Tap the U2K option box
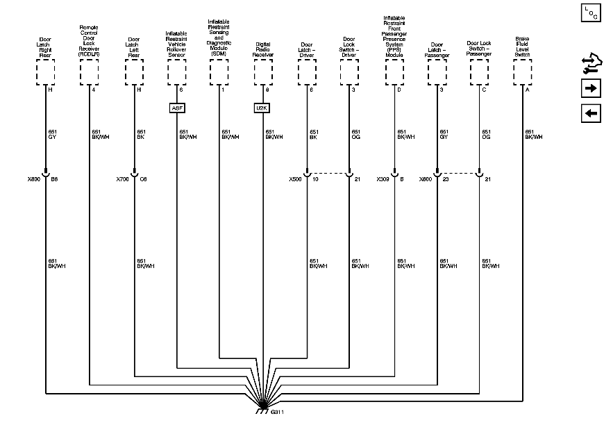(x=261, y=108)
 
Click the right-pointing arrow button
(x=591, y=88)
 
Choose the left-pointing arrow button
(x=591, y=113)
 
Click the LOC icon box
(x=591, y=13)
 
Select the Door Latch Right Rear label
(x=46, y=45)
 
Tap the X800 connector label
(x=33, y=179)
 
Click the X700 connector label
(x=122, y=179)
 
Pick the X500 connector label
(x=295, y=179)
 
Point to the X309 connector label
(x=383, y=179)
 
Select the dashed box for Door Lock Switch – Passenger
(x=480, y=71)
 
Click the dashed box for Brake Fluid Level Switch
(x=522, y=71)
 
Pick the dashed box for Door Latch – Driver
(x=306, y=71)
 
